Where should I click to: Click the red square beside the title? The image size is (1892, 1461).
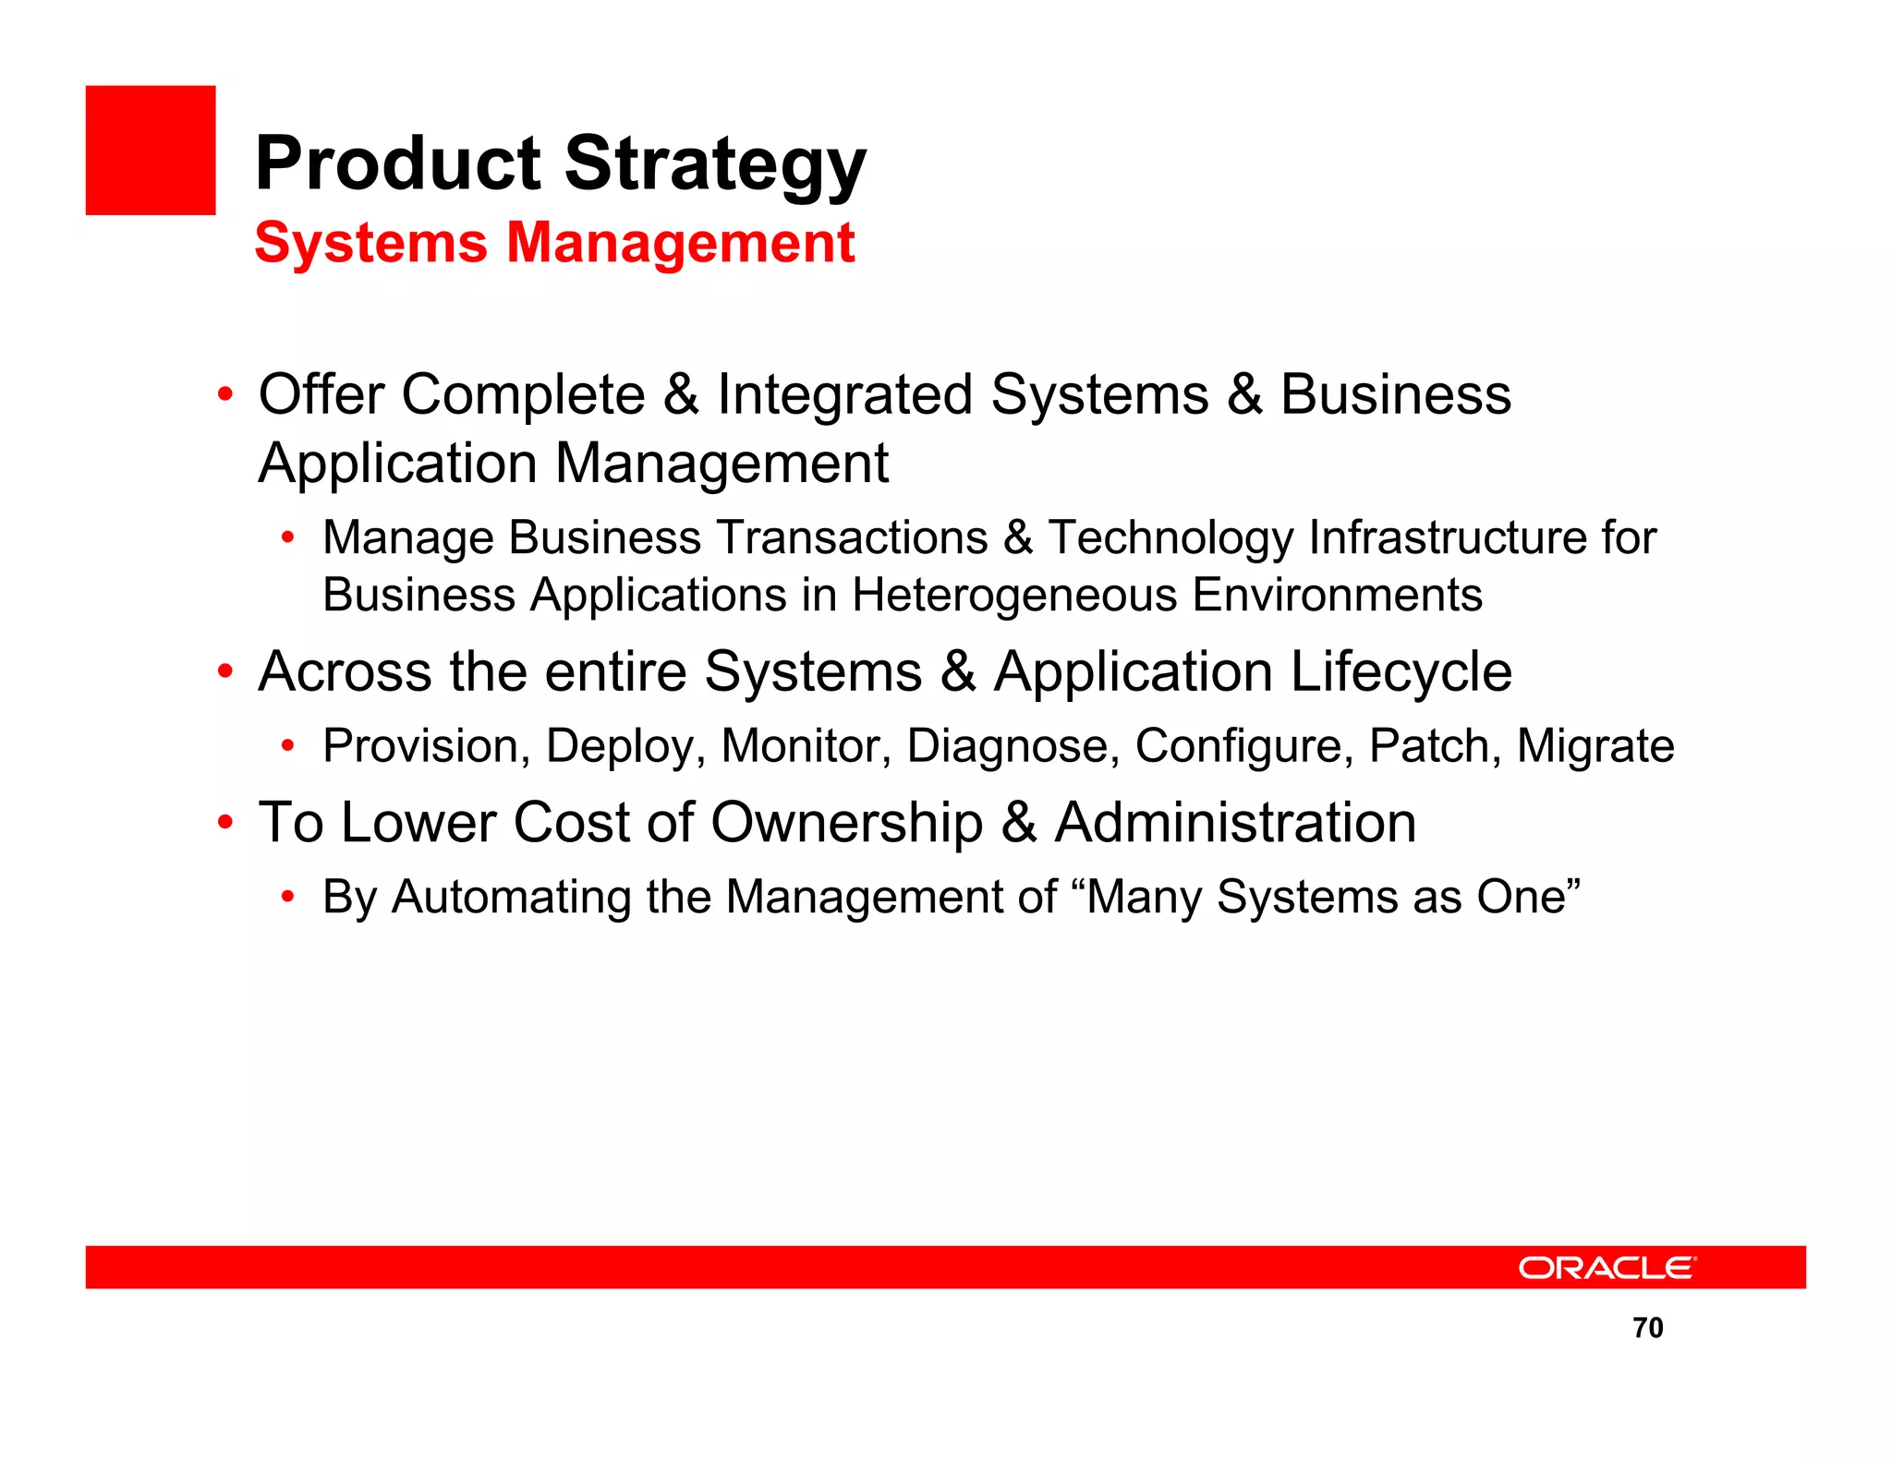tap(151, 151)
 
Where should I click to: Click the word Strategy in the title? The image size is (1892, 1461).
tap(715, 164)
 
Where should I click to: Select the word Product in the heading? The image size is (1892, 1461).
tap(398, 164)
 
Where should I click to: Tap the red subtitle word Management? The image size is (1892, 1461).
tap(681, 243)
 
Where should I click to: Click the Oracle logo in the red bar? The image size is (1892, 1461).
tap(1607, 1267)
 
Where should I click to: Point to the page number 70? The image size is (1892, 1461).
tap(1647, 1327)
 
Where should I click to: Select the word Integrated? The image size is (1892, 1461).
tap(844, 394)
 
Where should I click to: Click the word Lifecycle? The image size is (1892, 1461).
tap(1401, 671)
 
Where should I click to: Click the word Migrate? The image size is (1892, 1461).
tap(1595, 746)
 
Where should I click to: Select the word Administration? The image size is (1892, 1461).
tap(1235, 823)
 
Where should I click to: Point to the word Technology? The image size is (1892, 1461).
tap(1170, 537)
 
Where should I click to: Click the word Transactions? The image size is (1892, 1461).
tap(852, 537)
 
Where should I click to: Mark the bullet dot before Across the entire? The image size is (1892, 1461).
tap(224, 671)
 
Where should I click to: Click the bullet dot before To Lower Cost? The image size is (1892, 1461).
tap(224, 822)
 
